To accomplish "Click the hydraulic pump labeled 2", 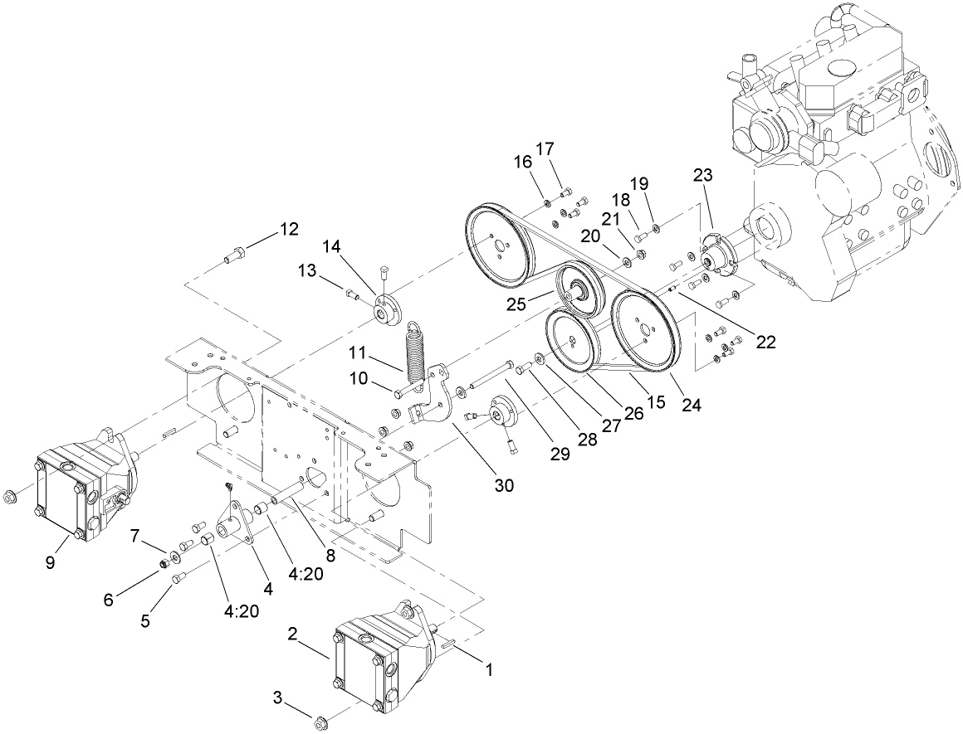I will coord(374,664).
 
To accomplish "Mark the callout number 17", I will coord(544,149).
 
